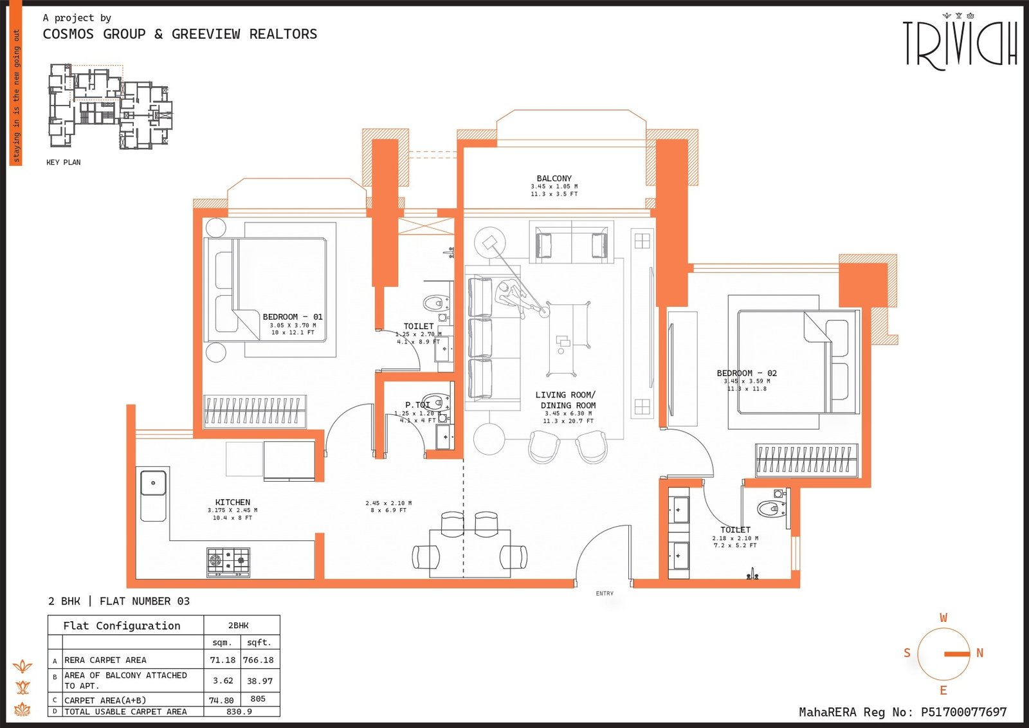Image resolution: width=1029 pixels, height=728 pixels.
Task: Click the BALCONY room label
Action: [x=554, y=178]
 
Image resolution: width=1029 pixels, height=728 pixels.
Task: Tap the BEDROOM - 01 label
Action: [x=293, y=317]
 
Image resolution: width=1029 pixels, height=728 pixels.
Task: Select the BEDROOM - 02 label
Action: [x=747, y=373]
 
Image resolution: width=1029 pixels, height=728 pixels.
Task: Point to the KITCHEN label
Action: [x=233, y=502]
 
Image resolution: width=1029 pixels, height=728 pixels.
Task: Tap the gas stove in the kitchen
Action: [x=228, y=561]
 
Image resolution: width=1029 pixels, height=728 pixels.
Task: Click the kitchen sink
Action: [x=154, y=484]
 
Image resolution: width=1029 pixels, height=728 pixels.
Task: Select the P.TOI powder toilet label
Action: [x=417, y=405]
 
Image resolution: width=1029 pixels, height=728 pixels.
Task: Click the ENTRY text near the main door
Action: [x=605, y=594]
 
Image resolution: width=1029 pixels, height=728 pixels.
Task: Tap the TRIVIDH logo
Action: [x=960, y=44]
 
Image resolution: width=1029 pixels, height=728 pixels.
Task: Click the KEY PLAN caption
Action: [x=63, y=162]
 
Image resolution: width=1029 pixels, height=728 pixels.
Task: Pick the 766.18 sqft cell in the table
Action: [x=259, y=660]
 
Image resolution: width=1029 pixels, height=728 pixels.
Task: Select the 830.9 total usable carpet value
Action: [x=239, y=711]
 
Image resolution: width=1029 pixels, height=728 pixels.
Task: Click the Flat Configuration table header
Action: [x=122, y=626]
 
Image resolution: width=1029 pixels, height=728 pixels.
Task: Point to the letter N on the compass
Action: [x=979, y=653]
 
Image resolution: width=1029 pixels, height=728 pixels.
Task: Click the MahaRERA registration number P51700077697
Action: [x=963, y=712]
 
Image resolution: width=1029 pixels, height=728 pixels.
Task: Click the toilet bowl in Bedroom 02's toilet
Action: [x=769, y=509]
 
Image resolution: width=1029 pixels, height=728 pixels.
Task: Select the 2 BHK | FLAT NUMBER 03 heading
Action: [x=119, y=601]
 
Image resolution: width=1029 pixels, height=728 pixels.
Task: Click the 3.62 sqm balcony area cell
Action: [x=223, y=680]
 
